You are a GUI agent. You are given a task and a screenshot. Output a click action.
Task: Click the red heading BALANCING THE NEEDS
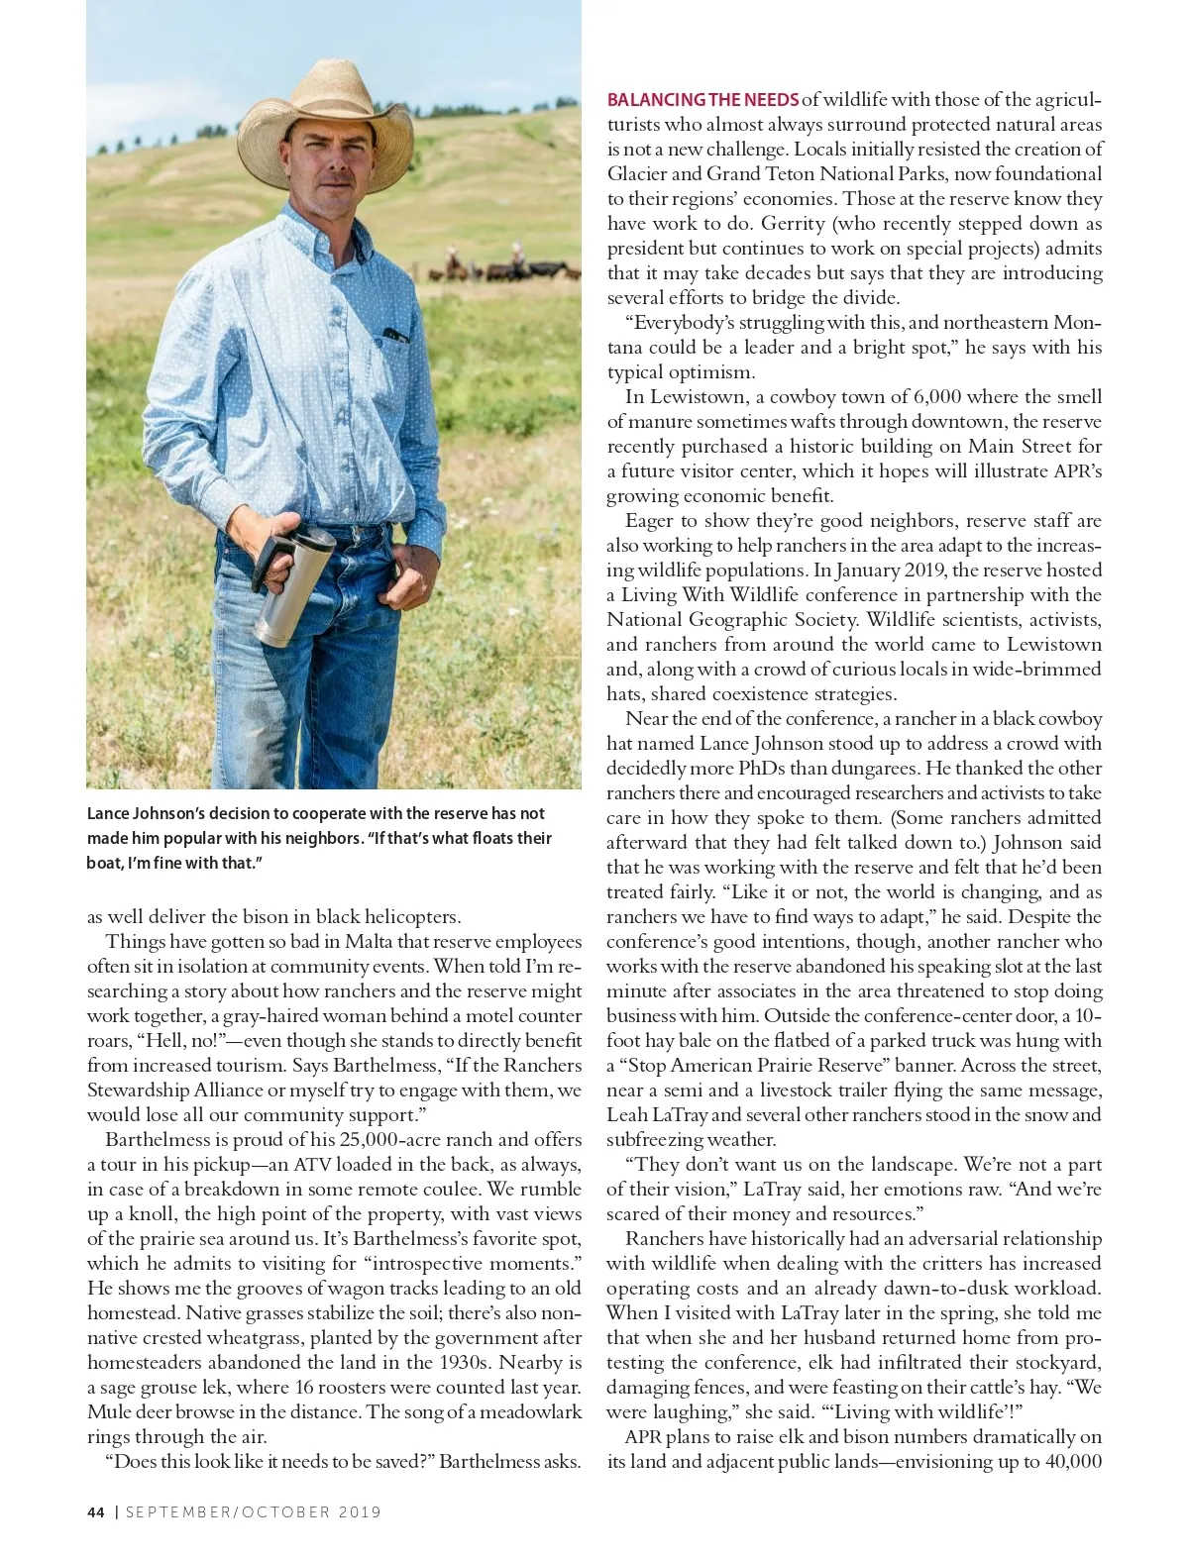[x=703, y=100]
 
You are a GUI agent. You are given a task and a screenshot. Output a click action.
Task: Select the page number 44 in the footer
[x=95, y=1512]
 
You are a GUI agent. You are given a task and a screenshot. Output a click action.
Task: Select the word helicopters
[x=406, y=917]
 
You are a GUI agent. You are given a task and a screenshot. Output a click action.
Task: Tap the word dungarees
[x=903, y=769]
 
